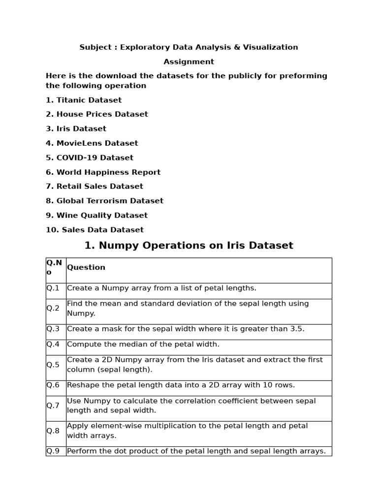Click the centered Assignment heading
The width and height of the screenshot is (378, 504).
point(189,62)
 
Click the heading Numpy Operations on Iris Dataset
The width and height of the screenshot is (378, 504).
point(189,245)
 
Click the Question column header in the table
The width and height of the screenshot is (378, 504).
point(86,267)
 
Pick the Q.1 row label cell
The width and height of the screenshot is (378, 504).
point(53,288)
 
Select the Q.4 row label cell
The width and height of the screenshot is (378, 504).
point(53,344)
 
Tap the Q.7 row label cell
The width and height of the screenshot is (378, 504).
point(53,406)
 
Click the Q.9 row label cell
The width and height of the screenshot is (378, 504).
point(53,451)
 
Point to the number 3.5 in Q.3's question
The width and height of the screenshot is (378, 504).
point(297,328)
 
